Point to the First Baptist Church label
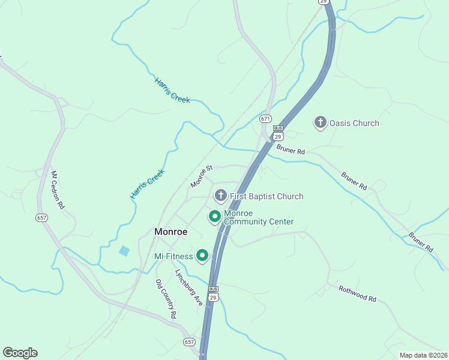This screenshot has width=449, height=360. coord(267,196)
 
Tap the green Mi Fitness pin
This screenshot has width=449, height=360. coord(202,256)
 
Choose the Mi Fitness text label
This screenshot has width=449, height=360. coord(173,256)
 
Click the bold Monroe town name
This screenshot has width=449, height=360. coord(171,232)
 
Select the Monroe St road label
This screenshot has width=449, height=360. coord(202,176)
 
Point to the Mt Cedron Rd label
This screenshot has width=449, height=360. coord(57,190)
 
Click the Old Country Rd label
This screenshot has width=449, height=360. coord(166,299)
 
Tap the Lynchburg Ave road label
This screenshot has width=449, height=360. coord(189,287)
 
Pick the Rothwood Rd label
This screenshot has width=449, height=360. coord(357,294)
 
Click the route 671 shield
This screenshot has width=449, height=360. coord(266,119)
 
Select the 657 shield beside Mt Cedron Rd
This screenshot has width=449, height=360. coord(41,217)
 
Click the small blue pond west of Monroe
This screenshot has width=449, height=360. coord(124,251)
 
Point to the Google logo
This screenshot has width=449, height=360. coord(20,353)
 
